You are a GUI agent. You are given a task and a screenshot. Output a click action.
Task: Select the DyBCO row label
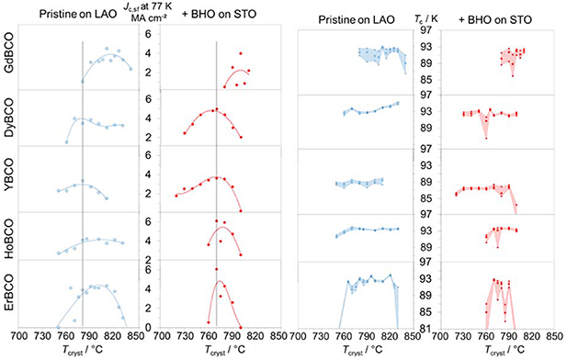(10, 118)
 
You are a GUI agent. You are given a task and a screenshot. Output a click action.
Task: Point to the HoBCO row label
(10, 231)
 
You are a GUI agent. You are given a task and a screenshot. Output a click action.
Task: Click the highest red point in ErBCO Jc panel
(217, 269)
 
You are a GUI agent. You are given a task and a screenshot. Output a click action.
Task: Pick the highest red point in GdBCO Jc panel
(241, 54)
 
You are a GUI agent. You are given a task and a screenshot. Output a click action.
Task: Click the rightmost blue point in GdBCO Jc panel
(130, 69)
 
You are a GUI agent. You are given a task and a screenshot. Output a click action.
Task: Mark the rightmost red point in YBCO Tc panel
(516, 205)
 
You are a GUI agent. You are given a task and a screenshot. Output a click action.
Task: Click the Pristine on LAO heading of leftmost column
(75, 15)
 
